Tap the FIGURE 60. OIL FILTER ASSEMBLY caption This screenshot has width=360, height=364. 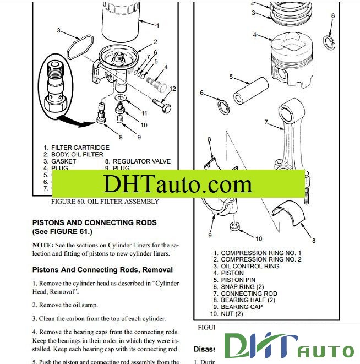click(105, 202)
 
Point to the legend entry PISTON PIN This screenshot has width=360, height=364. click(239, 280)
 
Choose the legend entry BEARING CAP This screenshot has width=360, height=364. click(242, 307)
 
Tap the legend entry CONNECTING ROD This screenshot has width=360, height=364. click(249, 294)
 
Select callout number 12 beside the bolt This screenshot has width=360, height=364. click(172, 89)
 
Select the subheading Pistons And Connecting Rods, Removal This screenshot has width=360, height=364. click(102, 270)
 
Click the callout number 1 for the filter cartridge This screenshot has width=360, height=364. click(157, 25)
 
